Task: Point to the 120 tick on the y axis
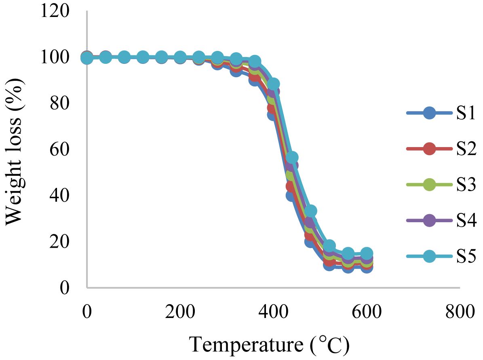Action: click(54, 11)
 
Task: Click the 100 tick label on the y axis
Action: click(54, 57)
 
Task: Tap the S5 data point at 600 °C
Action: click(367, 254)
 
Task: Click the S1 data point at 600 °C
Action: click(367, 267)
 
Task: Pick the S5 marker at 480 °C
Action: click(311, 211)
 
